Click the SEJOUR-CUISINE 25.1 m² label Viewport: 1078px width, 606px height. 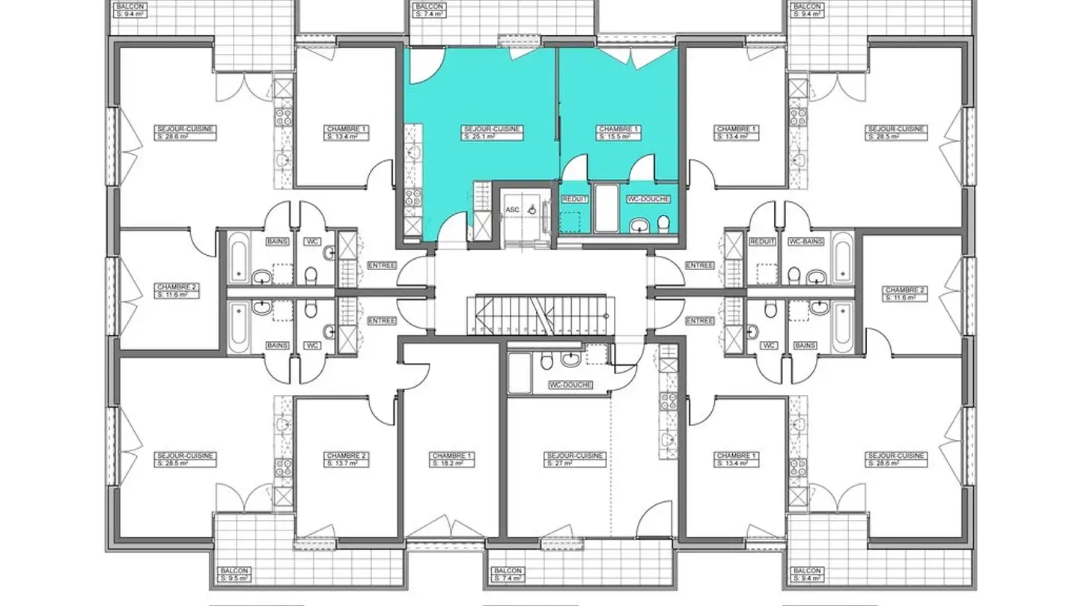point(492,132)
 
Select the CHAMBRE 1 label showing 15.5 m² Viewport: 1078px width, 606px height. point(618,132)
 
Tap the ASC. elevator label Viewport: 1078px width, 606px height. point(513,210)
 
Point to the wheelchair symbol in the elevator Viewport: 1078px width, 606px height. point(531,210)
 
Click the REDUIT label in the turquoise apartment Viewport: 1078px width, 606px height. point(574,199)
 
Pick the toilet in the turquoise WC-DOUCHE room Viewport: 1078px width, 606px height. point(663,223)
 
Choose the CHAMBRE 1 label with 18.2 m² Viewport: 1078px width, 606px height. point(452,459)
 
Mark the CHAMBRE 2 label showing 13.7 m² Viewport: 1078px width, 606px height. point(347,459)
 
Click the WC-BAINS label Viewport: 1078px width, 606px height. point(806,242)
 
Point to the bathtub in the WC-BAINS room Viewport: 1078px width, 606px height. point(842,258)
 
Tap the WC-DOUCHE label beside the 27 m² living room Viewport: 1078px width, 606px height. point(570,385)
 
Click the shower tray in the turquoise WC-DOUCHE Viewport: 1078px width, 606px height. point(606,208)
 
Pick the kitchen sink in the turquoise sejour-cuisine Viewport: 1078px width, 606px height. point(412,152)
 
